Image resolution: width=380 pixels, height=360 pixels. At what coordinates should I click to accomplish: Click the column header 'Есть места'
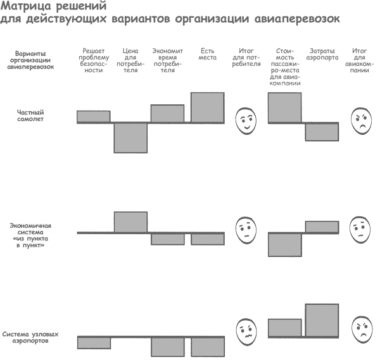click(208, 54)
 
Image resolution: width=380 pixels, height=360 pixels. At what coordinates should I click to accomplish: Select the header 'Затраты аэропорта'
click(322, 54)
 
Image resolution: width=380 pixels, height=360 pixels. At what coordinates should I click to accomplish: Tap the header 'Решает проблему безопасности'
click(94, 61)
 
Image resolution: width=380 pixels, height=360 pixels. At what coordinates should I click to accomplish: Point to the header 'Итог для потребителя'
click(246, 58)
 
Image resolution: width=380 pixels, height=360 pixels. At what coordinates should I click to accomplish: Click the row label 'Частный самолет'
click(30, 116)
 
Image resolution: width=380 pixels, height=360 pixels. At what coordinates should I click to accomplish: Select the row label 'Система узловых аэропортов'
click(30, 337)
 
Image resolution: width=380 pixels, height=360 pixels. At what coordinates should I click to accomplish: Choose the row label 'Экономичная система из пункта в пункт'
click(30, 235)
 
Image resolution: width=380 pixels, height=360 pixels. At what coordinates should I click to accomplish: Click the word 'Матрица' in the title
click(26, 6)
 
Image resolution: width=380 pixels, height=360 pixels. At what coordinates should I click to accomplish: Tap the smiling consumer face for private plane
click(246, 121)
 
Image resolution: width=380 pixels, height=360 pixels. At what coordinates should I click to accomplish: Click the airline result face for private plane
click(361, 121)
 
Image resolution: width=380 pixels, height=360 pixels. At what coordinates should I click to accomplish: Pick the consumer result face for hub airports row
click(246, 332)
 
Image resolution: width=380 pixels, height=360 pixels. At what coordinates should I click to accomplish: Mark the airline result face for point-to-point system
click(360, 230)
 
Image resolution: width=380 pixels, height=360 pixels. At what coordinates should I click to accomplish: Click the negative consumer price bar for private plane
click(130, 138)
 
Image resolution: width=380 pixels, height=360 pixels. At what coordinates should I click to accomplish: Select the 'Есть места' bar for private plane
click(208, 108)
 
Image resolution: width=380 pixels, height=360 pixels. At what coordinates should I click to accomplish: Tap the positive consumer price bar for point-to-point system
click(130, 222)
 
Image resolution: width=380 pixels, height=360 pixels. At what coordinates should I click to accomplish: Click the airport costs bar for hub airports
click(322, 320)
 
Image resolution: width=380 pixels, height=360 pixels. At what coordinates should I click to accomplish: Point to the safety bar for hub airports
click(94, 343)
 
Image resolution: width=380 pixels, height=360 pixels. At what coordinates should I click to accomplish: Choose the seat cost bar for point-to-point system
click(285, 244)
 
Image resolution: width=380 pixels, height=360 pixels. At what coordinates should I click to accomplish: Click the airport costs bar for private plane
click(322, 132)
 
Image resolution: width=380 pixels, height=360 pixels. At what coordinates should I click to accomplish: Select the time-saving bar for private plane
click(167, 113)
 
